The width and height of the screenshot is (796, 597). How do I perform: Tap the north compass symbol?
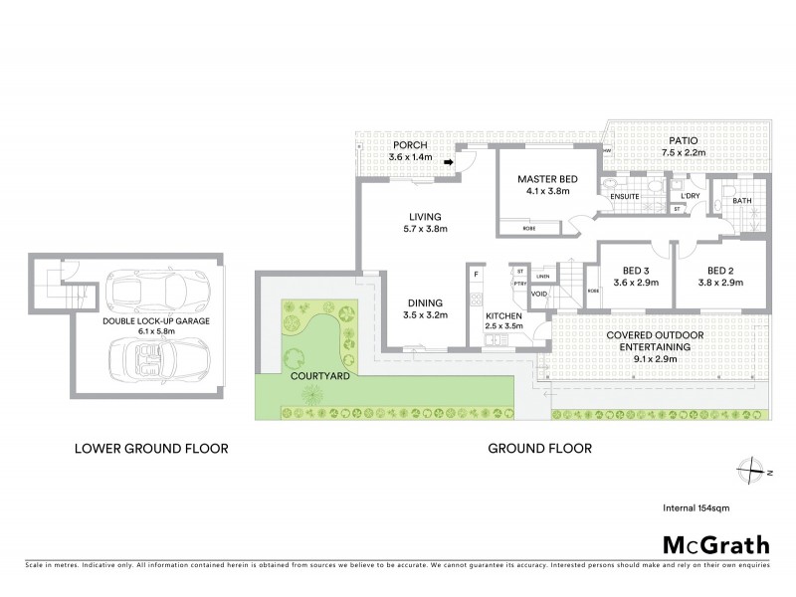754,471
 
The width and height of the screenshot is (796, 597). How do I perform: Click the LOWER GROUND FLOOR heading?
151,449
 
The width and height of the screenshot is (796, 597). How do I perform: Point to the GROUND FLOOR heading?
539,449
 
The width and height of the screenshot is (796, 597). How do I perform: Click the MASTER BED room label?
542,180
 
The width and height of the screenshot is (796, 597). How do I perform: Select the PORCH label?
410,145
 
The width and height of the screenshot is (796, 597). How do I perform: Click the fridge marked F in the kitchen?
477,274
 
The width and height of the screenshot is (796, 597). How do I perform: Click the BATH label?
742,202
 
